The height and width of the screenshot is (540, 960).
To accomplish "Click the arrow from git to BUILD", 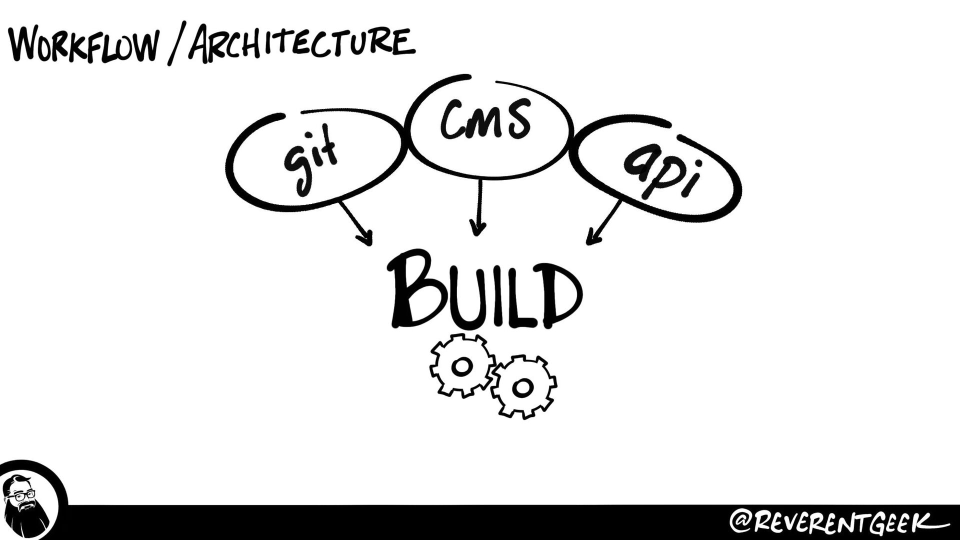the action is pos(355,222).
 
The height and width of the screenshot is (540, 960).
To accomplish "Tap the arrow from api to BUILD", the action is pos(604,222).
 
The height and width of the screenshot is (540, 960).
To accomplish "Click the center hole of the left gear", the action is pos(461,366).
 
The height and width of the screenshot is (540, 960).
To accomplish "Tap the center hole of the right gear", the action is pos(522,386).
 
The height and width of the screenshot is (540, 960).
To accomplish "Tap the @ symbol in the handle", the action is pos(741,522).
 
